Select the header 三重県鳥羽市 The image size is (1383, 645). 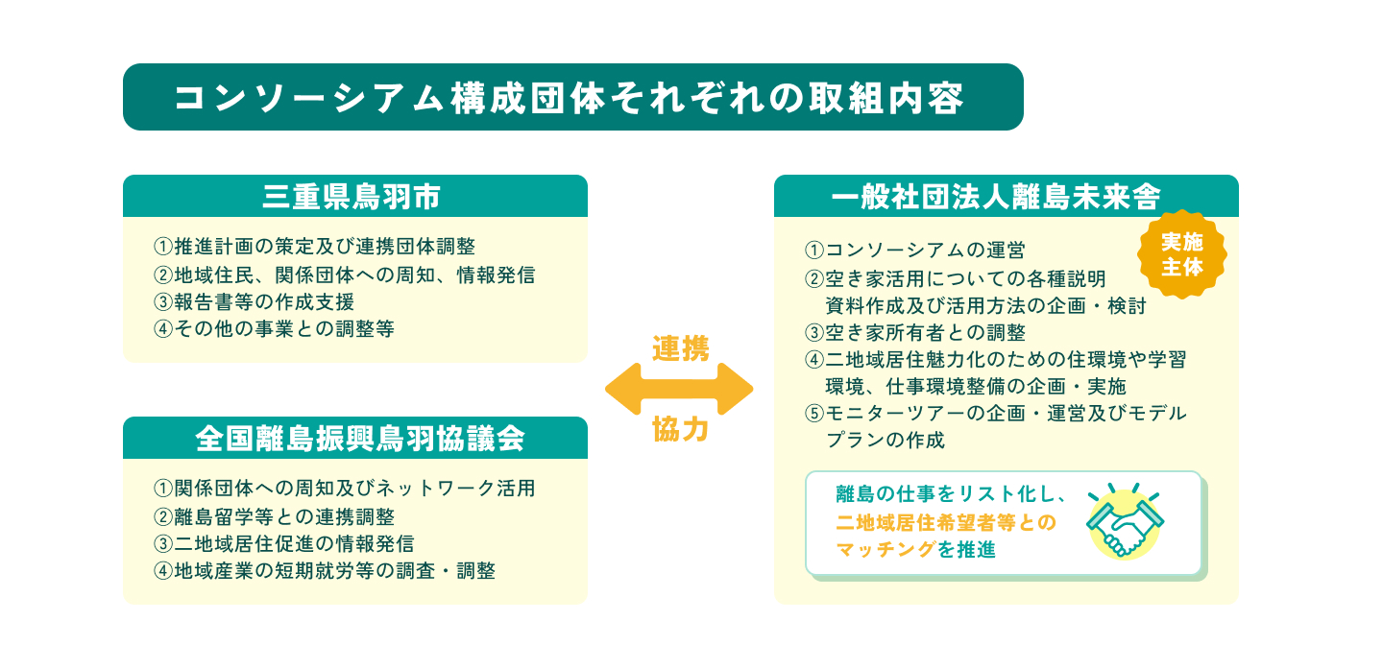[353, 197]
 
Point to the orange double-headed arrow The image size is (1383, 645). [679, 390]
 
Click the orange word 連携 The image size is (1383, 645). [680, 349]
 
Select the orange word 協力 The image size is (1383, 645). [680, 430]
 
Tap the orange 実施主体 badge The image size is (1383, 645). [1181, 254]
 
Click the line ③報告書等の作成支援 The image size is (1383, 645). [254, 301]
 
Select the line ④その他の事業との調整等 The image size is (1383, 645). [274, 328]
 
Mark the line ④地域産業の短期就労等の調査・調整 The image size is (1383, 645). [325, 571]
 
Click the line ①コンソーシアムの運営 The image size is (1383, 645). [915, 251]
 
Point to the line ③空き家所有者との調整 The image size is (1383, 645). [915, 333]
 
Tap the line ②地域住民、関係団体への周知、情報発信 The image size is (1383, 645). [344, 275]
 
